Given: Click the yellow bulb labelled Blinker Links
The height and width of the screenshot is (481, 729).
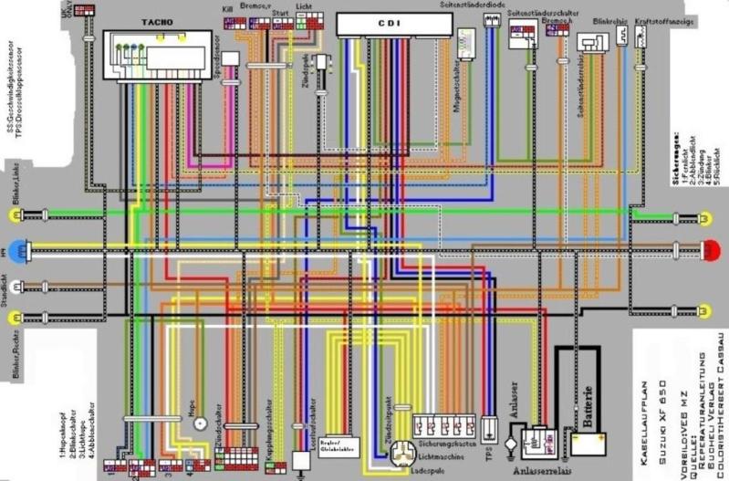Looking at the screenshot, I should click(x=16, y=215).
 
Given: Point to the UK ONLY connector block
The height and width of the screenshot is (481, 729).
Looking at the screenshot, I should click(x=85, y=10).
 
